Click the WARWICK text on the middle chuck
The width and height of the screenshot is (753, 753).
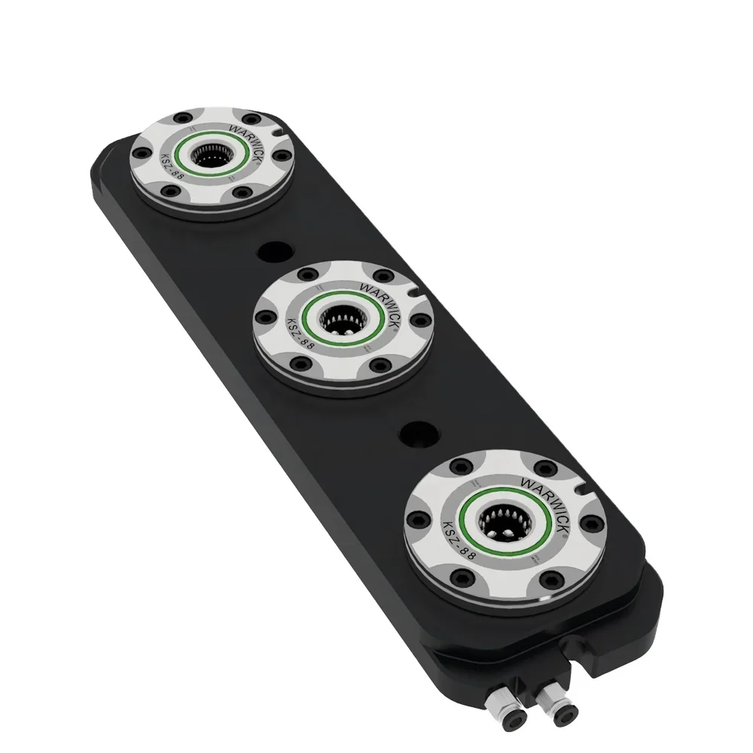(x=377, y=295)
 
